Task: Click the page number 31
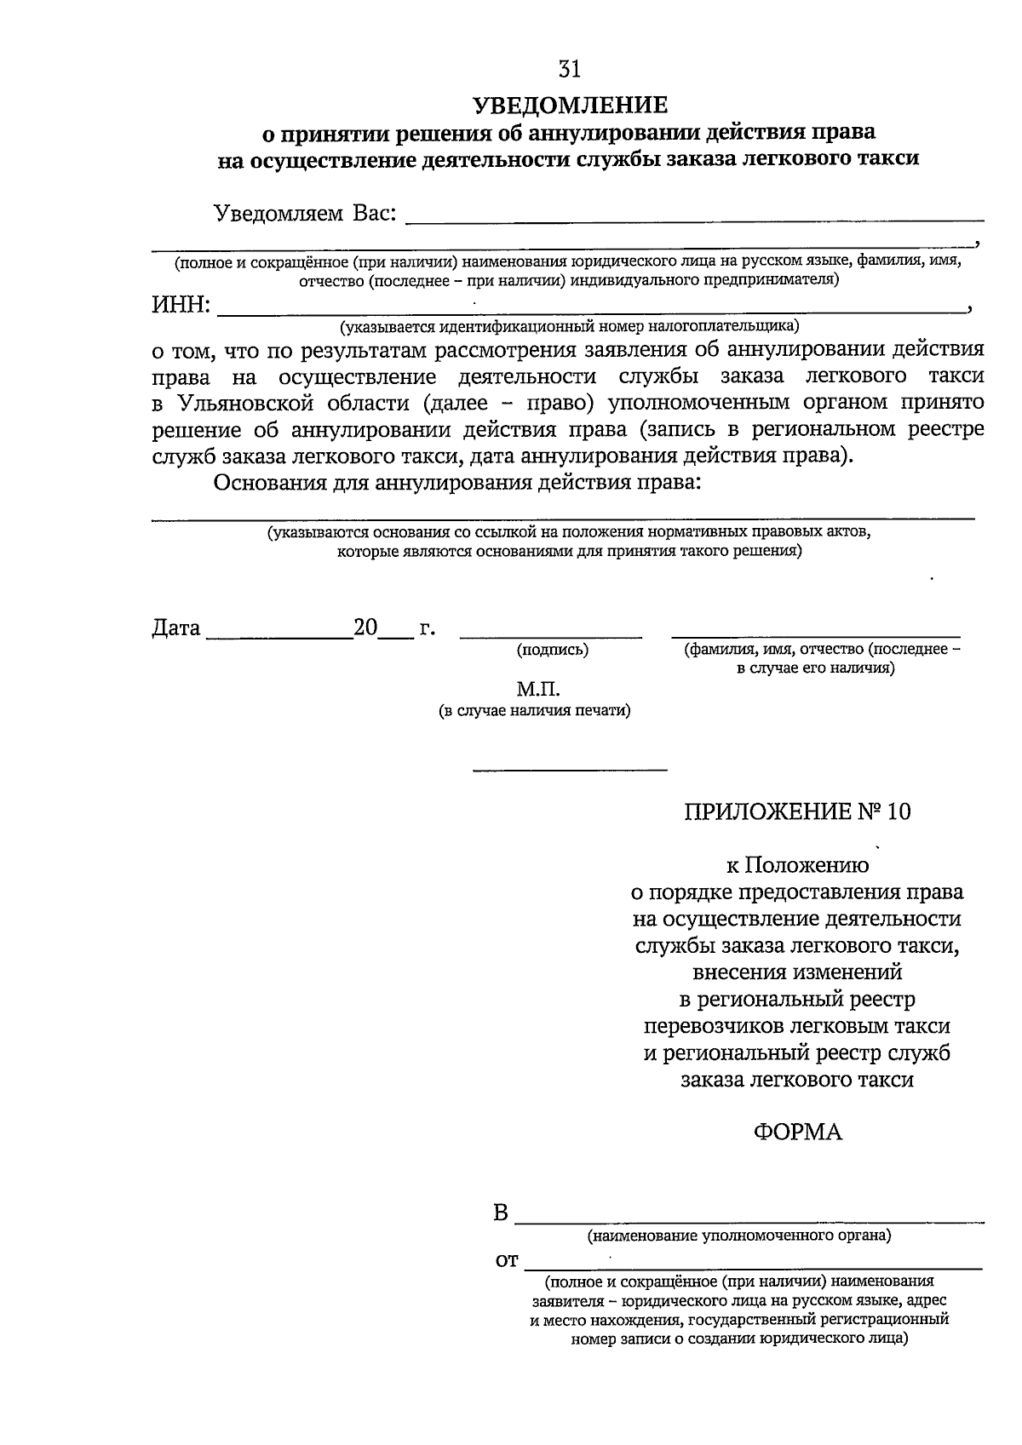pos(570,68)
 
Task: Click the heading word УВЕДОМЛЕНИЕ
pos(570,105)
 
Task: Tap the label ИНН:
pos(181,304)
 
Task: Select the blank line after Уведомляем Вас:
pos(694,220)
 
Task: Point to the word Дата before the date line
pos(176,628)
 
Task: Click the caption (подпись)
pos(552,650)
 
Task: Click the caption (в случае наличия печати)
pos(535,710)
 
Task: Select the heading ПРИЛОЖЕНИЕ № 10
pos(797,811)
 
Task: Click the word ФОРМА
pos(797,1132)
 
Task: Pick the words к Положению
pos(797,866)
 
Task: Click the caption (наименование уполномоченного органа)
pos(738,1235)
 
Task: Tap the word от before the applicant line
pos(507,1260)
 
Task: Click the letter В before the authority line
pos(501,1213)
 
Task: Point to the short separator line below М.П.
pos(570,771)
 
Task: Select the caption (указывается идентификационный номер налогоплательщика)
pos(569,326)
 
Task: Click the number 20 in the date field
pos(365,628)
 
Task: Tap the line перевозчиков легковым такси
pos(797,1026)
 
